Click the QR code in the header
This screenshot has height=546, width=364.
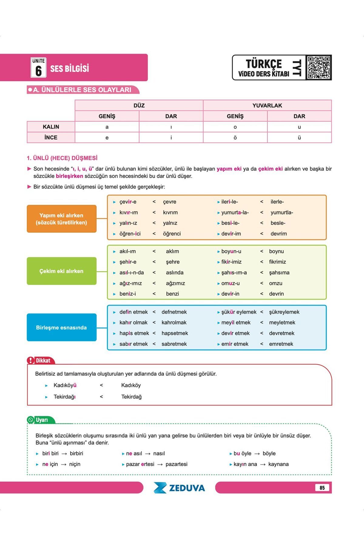pos(318,67)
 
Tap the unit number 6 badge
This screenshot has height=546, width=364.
pos(39,68)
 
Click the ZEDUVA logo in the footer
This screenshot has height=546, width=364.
pos(179,488)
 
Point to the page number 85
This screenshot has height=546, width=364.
pos(322,488)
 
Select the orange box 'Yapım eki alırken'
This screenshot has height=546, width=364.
pos(62,219)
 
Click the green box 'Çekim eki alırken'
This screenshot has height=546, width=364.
pos(62,271)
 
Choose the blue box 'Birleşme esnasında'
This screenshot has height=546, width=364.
pos(62,327)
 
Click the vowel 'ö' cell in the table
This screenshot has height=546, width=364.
pos(235,137)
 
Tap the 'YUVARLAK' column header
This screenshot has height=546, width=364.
pos(267,105)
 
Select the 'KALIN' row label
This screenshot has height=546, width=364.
pos(51,127)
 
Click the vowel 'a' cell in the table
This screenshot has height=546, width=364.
pos(107,127)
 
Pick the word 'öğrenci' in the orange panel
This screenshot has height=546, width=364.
pos(172,234)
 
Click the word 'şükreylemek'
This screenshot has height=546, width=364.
pos(284,312)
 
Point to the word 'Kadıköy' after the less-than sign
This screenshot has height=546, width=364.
pos(131,385)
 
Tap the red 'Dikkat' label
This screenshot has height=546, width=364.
pos(43,360)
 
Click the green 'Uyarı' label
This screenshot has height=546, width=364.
pos(42,420)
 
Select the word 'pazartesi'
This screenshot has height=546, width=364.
pos(176,464)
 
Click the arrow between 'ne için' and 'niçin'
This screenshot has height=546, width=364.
pos(64,464)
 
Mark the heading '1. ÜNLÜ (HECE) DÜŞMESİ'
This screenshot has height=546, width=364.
pos(62,158)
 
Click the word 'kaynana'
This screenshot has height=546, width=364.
pos(278,464)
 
